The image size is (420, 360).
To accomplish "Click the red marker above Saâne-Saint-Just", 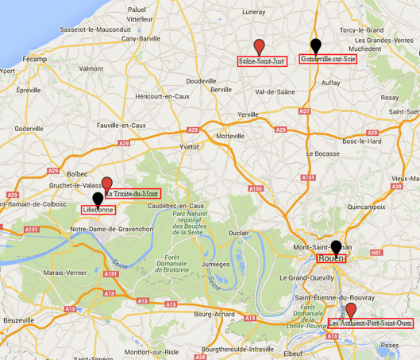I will point(259,45).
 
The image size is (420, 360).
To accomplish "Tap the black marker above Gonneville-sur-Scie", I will point(316,45).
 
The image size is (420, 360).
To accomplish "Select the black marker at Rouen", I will point(336,247).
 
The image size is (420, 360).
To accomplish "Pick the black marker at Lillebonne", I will point(98,199).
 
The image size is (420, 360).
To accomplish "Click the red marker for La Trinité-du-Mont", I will point(108,184).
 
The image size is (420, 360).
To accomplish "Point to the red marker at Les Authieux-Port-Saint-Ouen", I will point(351,310).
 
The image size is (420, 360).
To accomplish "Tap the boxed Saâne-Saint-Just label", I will point(262,60).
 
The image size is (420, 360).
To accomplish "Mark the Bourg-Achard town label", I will point(213,315).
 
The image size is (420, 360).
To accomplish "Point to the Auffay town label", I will point(330,82).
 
